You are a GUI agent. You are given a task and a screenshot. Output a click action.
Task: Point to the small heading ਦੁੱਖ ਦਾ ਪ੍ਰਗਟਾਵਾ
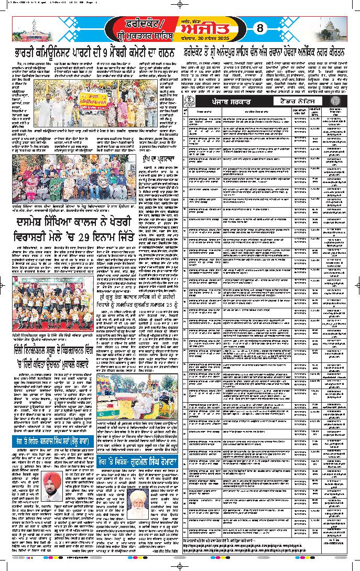161,157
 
